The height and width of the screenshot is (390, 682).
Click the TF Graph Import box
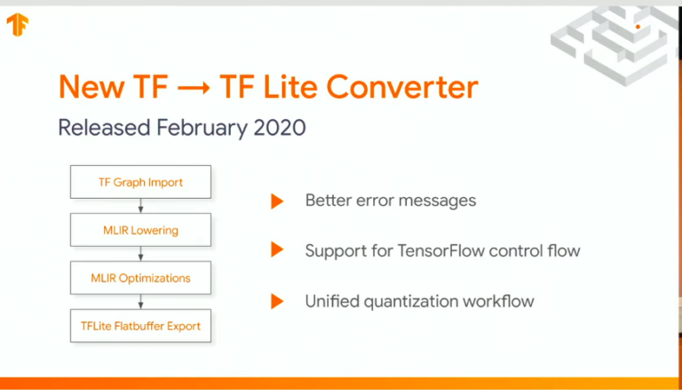[140, 182]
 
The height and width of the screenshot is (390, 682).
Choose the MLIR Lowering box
[140, 230]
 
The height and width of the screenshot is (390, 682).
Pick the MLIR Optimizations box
[140, 278]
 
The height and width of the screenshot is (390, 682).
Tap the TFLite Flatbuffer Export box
[140, 326]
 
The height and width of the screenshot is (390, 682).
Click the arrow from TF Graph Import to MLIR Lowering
[140, 206]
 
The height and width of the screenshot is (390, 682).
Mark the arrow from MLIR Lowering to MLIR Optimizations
[140, 254]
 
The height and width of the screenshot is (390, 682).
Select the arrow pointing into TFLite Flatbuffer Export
[140, 302]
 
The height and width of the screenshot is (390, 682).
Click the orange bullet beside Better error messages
[277, 201]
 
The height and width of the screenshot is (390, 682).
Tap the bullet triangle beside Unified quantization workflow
[277, 301]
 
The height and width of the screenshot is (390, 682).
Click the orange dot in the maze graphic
[638, 28]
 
